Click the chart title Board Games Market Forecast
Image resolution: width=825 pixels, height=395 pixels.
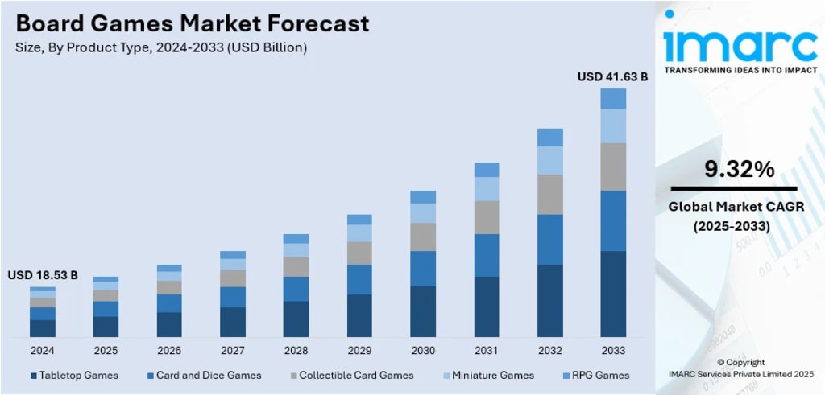click(192, 23)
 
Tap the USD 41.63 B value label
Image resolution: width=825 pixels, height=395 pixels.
click(612, 76)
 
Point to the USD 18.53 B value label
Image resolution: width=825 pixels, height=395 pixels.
click(43, 275)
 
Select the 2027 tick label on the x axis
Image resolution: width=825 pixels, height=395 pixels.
click(233, 351)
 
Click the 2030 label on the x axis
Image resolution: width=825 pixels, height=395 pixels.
click(423, 351)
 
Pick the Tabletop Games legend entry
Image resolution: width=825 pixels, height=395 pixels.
click(74, 375)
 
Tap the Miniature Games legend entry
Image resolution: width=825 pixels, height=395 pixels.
click(491, 375)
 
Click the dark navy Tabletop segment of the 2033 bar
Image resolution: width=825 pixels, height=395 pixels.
click(613, 294)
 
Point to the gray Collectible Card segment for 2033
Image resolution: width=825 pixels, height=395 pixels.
click(613, 167)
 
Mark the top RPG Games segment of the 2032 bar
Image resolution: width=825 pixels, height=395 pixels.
click(550, 137)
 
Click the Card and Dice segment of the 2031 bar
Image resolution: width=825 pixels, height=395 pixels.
click(487, 255)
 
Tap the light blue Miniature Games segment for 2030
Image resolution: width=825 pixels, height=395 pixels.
click(423, 212)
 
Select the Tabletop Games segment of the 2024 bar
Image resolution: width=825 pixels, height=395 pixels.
click(43, 328)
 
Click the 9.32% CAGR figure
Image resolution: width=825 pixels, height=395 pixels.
click(739, 169)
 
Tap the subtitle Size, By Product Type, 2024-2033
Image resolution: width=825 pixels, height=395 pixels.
click(161, 47)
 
